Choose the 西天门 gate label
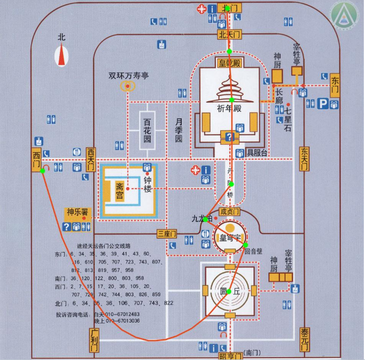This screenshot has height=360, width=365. (91, 159)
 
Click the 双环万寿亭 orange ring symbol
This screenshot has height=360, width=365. (126, 86)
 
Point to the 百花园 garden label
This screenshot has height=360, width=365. (147, 130)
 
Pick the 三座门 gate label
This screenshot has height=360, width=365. (166, 233)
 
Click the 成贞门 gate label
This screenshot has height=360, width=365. (229, 212)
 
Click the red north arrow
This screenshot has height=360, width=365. (62, 56)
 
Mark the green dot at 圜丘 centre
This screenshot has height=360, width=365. (229, 291)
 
